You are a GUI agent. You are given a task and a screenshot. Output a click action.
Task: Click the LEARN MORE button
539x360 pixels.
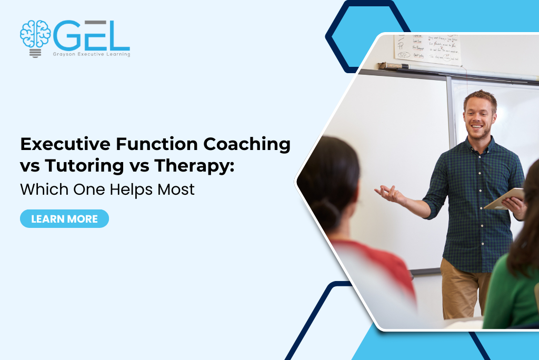[x=64, y=219]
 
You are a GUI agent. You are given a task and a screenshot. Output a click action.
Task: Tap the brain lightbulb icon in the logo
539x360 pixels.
[x=35, y=37]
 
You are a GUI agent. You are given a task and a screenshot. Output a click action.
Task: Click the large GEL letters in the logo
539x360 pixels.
[x=92, y=36]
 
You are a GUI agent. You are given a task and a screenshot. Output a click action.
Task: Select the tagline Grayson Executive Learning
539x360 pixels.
[x=92, y=54]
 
